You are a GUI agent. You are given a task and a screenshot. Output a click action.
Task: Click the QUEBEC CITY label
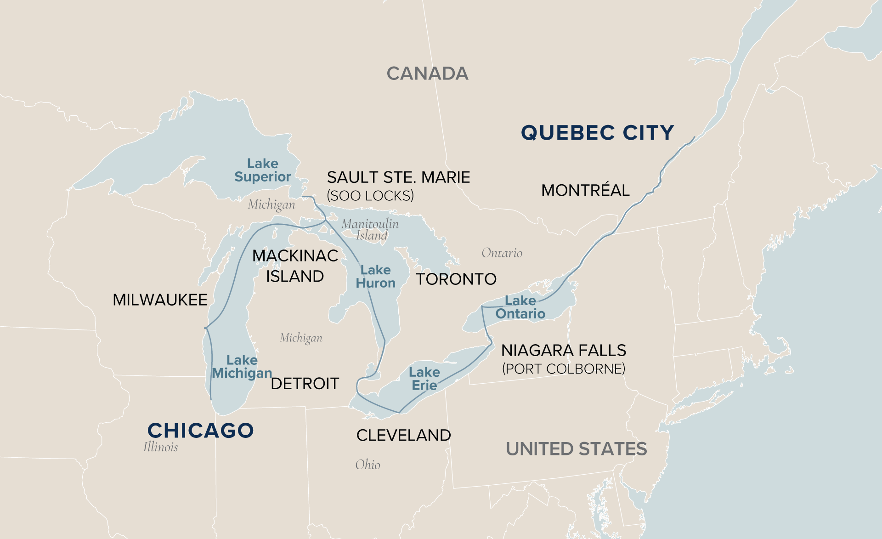coord(597,133)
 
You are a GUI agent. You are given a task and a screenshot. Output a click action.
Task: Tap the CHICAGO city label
coord(200,431)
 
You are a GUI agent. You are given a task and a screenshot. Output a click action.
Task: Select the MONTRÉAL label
coord(585,190)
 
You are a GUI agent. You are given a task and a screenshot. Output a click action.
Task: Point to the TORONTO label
coord(456,279)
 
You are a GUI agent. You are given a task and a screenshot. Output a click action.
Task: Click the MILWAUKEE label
coord(160,300)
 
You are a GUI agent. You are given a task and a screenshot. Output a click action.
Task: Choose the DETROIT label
coord(305,384)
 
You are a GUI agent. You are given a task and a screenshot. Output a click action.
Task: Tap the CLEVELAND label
coord(403,435)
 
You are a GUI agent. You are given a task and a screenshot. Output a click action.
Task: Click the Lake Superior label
coord(262,170)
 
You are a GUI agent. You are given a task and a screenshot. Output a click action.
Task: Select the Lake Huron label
coord(375,277)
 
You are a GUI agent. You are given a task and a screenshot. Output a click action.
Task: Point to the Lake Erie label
coord(424,379)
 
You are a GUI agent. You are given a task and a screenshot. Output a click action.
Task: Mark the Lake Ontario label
coord(520,307)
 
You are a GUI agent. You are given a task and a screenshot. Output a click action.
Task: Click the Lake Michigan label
coord(242,367)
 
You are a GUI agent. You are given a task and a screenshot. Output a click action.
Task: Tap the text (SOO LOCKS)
coord(370,196)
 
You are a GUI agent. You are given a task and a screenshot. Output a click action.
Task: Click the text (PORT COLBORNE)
coord(563,369)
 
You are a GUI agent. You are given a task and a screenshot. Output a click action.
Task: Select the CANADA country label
coord(427,74)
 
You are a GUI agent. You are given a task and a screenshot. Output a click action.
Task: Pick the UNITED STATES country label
coord(576,449)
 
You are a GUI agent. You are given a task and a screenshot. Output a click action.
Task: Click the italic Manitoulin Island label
coord(370,229)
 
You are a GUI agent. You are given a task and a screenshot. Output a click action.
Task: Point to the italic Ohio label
coord(367,465)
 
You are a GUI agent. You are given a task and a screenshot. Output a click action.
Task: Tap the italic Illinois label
coord(160,447)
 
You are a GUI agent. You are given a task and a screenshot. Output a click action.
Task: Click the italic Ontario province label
coord(502,253)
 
